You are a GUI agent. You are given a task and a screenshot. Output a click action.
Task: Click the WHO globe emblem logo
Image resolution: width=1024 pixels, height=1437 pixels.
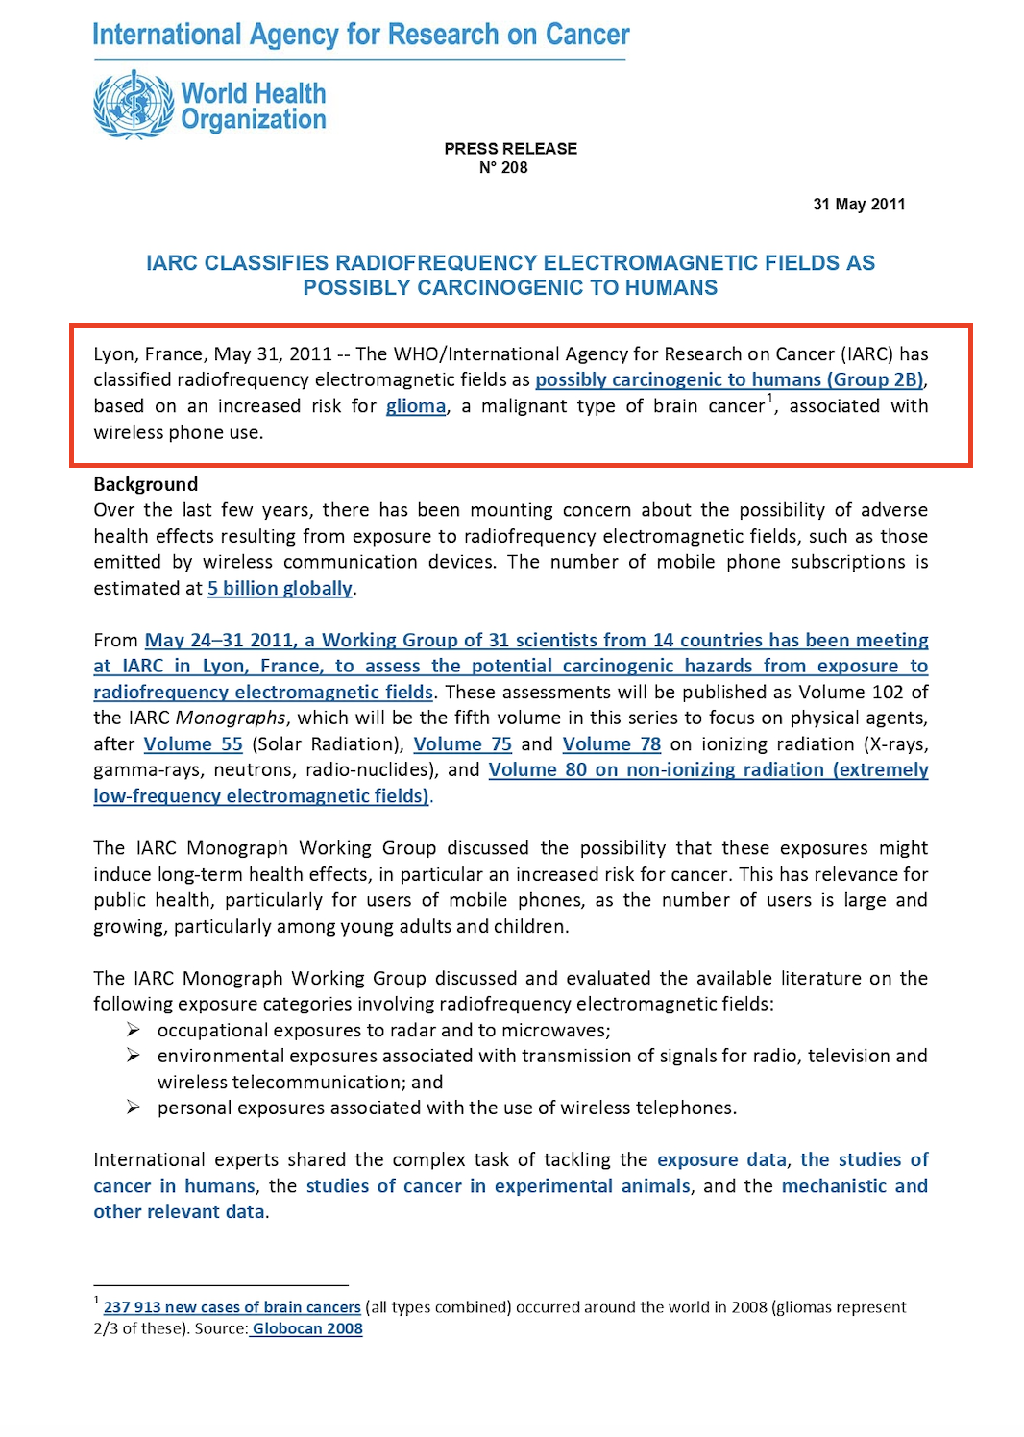click(x=134, y=105)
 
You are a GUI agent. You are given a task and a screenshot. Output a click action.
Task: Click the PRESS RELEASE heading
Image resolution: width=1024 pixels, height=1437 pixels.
click(x=510, y=149)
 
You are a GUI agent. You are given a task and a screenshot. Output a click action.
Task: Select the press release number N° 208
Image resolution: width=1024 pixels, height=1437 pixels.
click(x=503, y=168)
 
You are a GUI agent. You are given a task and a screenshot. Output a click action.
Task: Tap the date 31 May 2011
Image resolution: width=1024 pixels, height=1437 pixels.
click(x=859, y=205)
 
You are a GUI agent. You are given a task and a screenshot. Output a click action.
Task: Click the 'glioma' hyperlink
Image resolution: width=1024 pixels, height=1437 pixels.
click(x=416, y=406)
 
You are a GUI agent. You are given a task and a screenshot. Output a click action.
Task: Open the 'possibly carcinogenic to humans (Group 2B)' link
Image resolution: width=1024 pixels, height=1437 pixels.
click(x=729, y=380)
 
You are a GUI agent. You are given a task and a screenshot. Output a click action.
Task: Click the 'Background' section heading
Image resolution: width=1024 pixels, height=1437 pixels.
click(x=146, y=484)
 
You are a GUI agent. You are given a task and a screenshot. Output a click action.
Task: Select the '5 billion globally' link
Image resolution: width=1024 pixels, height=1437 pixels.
click(x=280, y=588)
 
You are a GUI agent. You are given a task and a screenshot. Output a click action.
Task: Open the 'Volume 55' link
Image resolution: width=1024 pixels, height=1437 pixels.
click(x=193, y=744)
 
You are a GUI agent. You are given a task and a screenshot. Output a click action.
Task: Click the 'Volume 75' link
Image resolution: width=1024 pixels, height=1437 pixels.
click(x=462, y=744)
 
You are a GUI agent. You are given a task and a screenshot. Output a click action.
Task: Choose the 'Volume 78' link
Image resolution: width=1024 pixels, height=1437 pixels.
click(x=612, y=744)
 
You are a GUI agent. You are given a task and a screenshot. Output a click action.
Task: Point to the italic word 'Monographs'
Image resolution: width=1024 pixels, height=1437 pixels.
click(x=231, y=718)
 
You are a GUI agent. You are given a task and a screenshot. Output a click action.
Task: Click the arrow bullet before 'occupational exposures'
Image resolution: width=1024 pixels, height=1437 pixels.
click(x=134, y=1030)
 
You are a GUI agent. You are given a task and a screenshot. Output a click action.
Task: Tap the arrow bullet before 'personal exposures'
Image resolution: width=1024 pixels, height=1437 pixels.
click(x=134, y=1108)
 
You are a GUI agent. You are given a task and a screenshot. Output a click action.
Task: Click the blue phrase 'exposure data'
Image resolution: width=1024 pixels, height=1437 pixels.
click(x=721, y=1160)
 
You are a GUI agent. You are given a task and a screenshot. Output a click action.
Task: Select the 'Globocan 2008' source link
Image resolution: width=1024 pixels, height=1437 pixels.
click(x=307, y=1329)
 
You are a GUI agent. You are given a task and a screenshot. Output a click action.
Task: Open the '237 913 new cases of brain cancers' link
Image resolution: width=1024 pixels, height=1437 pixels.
click(x=232, y=1307)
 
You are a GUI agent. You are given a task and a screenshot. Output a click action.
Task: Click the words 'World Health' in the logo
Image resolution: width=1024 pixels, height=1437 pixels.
click(x=254, y=94)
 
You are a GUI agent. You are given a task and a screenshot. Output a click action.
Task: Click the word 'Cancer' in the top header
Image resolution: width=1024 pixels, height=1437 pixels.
click(x=587, y=36)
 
